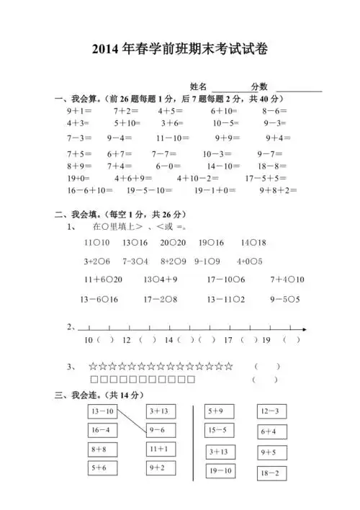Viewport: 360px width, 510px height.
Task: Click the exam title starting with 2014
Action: [180, 48]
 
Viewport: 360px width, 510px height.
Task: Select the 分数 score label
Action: [259, 86]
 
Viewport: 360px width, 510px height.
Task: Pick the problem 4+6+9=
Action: [133, 178]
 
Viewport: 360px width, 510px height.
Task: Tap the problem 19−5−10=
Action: [149, 191]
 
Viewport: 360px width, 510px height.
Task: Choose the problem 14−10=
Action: [222, 165]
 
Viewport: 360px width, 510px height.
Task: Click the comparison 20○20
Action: [173, 243]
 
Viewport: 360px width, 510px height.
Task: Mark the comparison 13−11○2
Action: [227, 299]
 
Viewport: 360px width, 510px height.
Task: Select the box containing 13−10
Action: [102, 411]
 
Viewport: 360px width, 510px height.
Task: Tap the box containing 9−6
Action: [158, 430]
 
